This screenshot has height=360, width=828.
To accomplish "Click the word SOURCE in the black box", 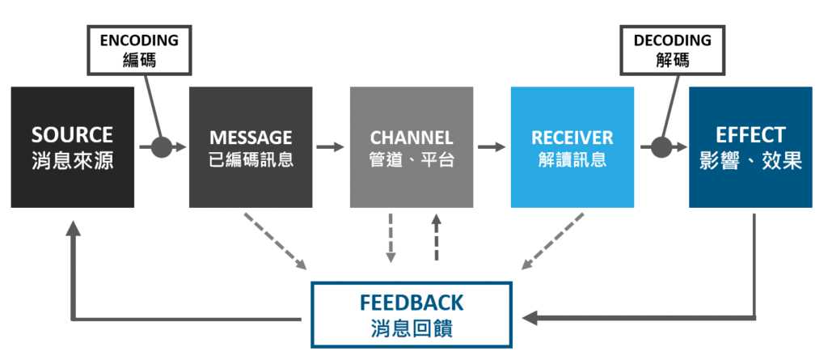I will click(x=72, y=134).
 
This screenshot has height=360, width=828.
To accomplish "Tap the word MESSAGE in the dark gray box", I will click(x=251, y=137).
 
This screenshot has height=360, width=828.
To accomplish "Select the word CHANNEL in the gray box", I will click(x=412, y=137).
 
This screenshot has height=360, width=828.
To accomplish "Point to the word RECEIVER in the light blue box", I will click(x=572, y=137).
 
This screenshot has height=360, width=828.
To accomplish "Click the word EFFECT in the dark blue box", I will click(x=750, y=134).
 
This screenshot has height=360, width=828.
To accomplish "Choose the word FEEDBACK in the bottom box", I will click(x=412, y=303).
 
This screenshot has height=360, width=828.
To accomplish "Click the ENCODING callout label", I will click(x=139, y=40).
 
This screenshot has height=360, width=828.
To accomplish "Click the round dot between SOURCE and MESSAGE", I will click(x=162, y=147).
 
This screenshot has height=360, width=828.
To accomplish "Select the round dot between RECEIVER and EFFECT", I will click(x=662, y=147).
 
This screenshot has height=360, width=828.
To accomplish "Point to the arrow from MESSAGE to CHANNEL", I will click(x=331, y=147).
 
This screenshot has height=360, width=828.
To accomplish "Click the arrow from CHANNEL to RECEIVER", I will click(x=492, y=147).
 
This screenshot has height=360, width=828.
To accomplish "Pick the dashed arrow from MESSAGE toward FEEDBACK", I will click(x=275, y=241).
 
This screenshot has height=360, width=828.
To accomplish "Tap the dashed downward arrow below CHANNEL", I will click(x=391, y=238).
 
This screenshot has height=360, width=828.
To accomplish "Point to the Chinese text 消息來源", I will click(x=72, y=159).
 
